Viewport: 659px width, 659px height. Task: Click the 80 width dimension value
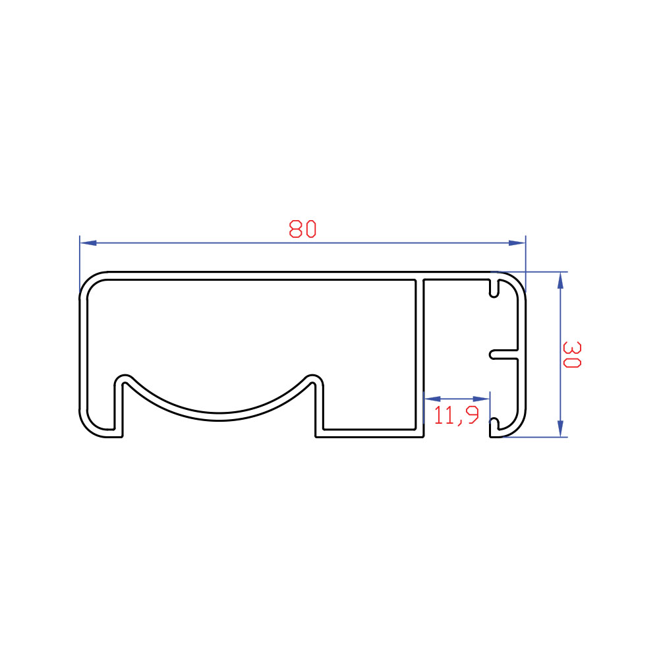coord(302,229)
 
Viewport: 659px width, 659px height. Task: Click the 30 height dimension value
coord(571,355)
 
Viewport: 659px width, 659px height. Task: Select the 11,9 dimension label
coord(456,415)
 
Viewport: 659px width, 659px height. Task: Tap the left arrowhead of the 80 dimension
coord(88,243)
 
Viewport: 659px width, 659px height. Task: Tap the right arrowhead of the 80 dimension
coord(517,243)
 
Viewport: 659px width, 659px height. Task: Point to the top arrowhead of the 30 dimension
coord(559,280)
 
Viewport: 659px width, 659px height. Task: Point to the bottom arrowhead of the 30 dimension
coord(559,429)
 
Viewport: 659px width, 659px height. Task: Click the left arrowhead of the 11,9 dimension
coord(432,399)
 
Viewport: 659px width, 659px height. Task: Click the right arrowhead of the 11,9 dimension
coord(481,399)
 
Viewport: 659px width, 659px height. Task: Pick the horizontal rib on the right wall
coord(504,355)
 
